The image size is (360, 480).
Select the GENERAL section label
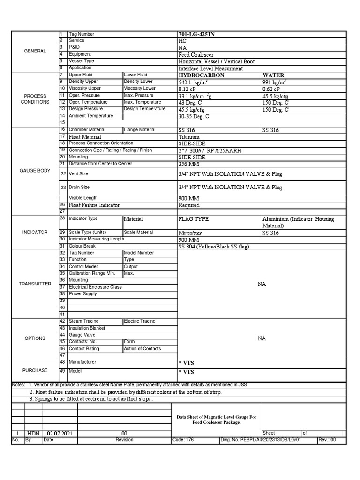35,51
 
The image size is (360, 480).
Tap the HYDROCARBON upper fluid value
201,75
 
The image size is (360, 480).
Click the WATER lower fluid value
273,75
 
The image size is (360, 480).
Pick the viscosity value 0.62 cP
271,89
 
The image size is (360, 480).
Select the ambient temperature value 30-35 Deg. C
194,116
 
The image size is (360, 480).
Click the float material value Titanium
189,137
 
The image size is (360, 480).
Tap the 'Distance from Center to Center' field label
100,164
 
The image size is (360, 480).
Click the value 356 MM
189,165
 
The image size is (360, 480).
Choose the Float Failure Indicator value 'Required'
189,205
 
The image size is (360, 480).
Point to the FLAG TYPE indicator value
194,219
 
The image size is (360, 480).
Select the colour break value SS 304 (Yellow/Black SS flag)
214,247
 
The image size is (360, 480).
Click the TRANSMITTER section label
35,284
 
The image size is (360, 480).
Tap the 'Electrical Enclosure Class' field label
95,287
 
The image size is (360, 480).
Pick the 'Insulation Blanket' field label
87,328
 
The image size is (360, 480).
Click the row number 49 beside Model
62,370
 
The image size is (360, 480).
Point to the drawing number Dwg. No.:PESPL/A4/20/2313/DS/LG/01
261,440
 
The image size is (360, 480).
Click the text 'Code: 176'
183,440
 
